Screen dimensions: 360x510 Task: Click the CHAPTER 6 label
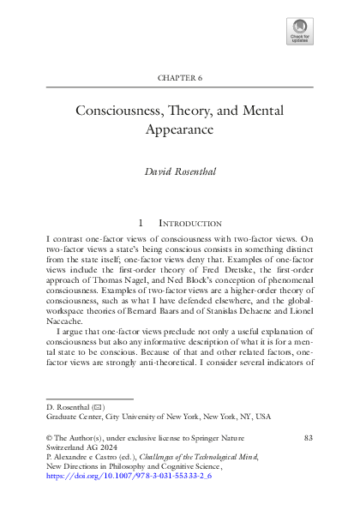[x=179, y=78]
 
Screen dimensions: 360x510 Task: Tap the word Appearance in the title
[x=180, y=131]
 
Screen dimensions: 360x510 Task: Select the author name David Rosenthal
[x=180, y=172]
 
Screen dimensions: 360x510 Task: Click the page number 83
[x=309, y=437]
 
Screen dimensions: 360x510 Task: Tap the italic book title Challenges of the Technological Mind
[x=181, y=459]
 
